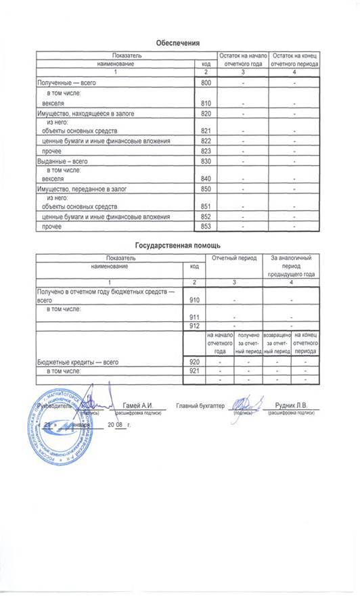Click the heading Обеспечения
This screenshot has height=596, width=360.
[x=177, y=43]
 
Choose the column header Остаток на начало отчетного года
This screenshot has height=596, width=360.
[x=242, y=58]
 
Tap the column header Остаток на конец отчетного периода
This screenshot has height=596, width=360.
[x=295, y=58]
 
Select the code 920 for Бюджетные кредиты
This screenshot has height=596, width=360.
[x=195, y=363]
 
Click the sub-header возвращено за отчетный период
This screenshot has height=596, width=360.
[x=277, y=343]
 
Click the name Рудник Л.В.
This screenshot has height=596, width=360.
[x=292, y=405]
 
